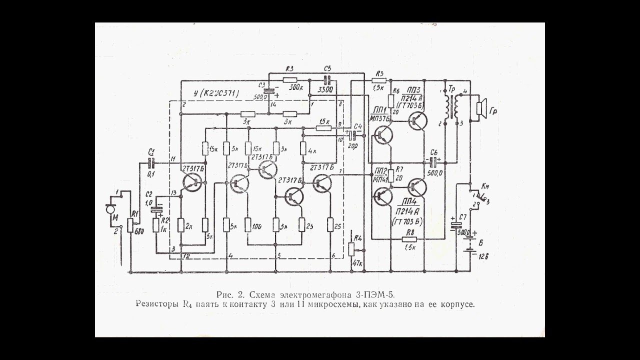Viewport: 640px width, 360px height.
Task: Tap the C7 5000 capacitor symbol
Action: [455, 225]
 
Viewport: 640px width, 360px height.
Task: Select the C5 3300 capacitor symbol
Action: [327, 79]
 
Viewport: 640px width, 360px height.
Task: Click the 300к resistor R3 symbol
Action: [289, 79]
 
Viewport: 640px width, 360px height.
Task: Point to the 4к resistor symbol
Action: [303, 148]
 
